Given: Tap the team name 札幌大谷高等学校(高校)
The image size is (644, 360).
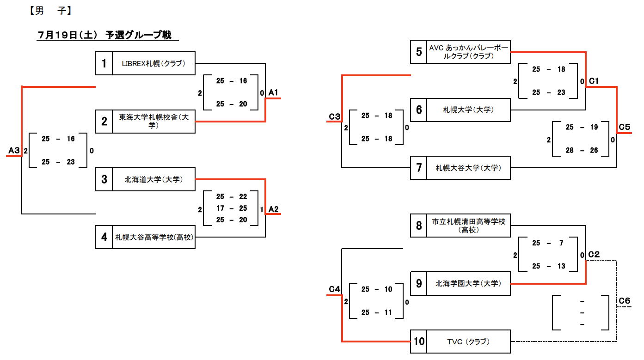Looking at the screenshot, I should tap(154, 237).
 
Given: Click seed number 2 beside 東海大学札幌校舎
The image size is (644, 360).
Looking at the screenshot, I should tap(104, 122).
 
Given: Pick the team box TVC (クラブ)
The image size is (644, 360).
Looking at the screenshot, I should tap(468, 342).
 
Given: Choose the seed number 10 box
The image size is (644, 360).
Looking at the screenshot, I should tap(419, 342).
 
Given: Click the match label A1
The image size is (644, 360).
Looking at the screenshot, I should tap(273, 93).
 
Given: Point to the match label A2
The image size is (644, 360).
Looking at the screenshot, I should tap(273, 209).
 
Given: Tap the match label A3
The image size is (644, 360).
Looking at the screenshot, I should tap(14, 151).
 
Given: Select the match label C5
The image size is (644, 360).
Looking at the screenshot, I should tap(625, 127).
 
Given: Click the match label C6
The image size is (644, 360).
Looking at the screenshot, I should tap(625, 301).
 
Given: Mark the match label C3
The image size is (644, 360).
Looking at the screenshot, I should tap(334, 116).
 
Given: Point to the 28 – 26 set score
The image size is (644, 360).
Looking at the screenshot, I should tap(581, 150).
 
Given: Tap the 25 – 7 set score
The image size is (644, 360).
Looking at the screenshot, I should tap(548, 243).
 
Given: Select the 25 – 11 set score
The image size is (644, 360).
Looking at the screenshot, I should tap(376, 312).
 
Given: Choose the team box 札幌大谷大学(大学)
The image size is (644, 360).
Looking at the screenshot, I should tap(468, 168).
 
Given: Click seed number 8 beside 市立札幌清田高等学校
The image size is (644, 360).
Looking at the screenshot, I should tap(419, 226).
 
